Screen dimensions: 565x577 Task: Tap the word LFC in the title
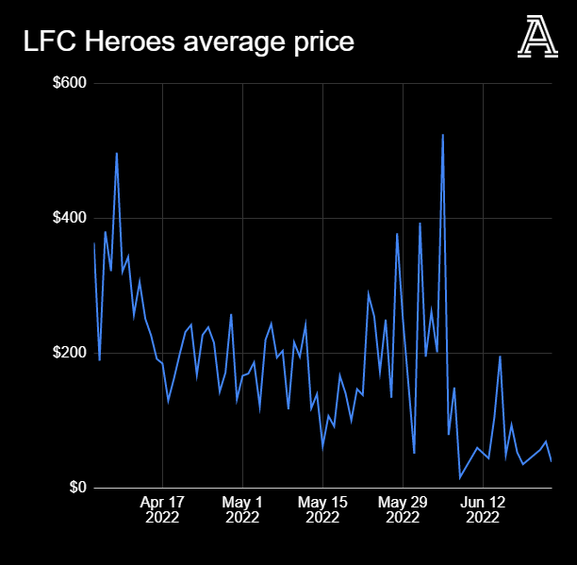click(48, 42)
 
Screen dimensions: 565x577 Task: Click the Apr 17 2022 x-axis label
click(162, 509)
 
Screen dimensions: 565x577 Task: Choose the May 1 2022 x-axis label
click(242, 509)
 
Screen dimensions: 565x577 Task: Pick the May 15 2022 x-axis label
click(322, 509)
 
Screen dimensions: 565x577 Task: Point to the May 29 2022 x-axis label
click(403, 509)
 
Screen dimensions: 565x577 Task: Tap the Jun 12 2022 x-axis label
click(483, 509)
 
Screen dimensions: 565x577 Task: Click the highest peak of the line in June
click(442, 135)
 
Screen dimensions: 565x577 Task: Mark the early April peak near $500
click(116, 153)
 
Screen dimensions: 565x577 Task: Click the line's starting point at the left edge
click(94, 243)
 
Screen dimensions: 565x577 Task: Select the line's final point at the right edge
click(551, 461)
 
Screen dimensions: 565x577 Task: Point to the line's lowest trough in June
click(460, 478)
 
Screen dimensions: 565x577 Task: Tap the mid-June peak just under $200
click(500, 357)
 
